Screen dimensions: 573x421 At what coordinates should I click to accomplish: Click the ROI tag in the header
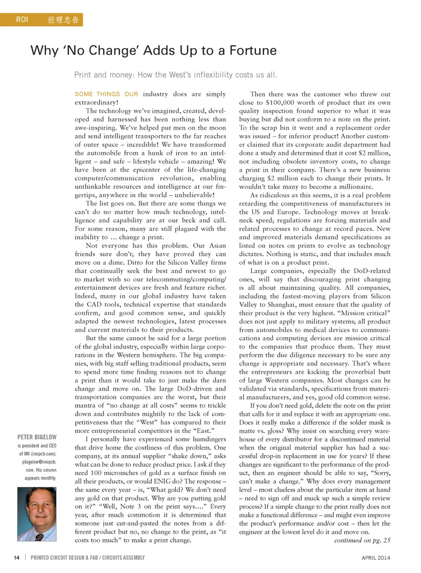point(22,20)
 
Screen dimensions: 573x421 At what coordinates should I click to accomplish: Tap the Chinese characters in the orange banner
point(63,20)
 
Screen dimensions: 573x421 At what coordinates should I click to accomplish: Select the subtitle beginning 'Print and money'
point(175,75)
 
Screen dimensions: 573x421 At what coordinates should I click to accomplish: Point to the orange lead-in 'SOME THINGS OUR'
point(106,94)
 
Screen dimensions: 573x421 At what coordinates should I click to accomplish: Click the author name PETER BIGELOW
point(37,437)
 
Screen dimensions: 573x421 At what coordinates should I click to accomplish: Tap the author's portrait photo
point(37,514)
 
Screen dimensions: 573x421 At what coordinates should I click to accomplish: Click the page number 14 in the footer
point(17,558)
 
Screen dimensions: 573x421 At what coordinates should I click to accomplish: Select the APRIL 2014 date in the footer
point(376,558)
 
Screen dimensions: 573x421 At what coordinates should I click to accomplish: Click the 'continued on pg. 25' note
point(362,541)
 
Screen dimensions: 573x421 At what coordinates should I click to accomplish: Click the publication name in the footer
point(88,558)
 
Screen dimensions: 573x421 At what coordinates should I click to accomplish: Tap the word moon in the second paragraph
point(218,128)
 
